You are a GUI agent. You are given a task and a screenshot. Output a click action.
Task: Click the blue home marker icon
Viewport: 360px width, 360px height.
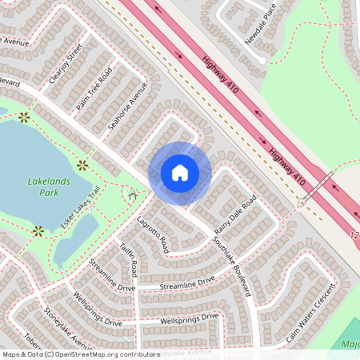[x=180, y=173]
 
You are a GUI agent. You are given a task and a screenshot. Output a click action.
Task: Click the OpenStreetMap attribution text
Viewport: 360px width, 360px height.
[x=81, y=354]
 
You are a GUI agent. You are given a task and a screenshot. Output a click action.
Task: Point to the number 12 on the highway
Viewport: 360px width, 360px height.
[x=355, y=236]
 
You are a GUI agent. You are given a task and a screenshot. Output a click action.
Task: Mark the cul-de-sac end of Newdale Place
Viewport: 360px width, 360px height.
[x=262, y=58]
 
